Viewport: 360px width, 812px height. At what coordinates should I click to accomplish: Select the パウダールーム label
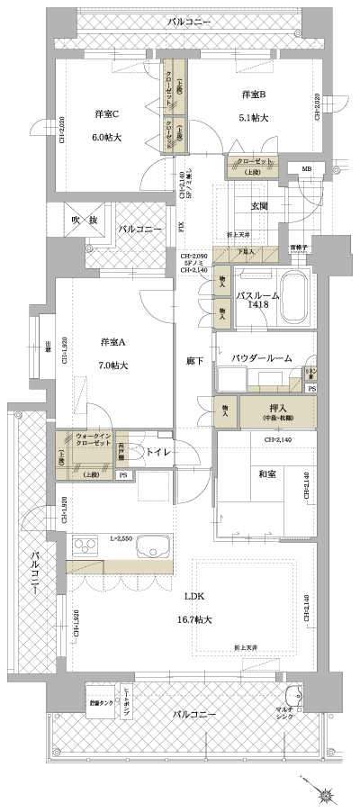pos(262,358)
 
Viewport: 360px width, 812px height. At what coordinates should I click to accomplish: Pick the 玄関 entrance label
pos(259,206)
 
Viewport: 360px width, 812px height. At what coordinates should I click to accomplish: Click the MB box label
pos(306,168)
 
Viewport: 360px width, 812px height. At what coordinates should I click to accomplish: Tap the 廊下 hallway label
pos(193,360)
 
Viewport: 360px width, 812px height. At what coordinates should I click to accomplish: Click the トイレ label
pos(157,452)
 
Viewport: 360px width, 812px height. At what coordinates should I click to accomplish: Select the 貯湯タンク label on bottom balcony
pos(100,702)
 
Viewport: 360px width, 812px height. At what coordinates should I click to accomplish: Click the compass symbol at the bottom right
pos(324,795)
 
